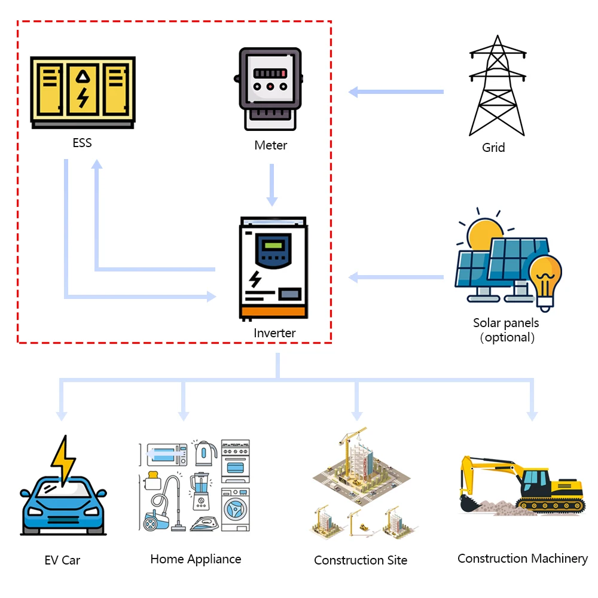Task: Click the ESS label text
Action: pos(82,143)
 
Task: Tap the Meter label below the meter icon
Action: pos(270,145)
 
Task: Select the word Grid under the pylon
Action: pos(493,148)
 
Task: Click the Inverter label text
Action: pos(274,333)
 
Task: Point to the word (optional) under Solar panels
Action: pos(507,337)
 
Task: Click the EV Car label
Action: pos(62,560)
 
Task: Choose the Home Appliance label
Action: pos(196,560)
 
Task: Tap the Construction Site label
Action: pos(361,560)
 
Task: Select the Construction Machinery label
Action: pos(523,559)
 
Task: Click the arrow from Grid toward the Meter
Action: pos(396,92)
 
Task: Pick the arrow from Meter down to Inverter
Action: pos(272,185)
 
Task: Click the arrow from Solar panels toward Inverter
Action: pos(396,277)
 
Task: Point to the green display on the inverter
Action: pos(273,245)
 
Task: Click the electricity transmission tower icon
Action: pos(498,86)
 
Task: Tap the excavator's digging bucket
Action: pos(469,504)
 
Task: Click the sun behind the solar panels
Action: pos(484,233)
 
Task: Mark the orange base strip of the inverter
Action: pos(273,312)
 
